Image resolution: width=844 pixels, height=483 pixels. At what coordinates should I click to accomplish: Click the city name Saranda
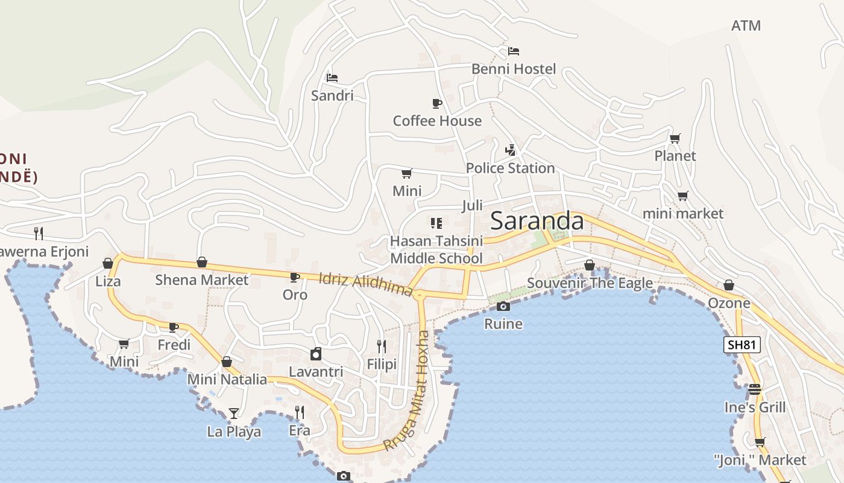click(x=537, y=221)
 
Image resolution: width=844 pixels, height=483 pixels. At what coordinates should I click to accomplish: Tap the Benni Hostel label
click(x=514, y=69)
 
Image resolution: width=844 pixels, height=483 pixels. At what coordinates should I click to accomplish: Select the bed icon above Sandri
click(x=332, y=77)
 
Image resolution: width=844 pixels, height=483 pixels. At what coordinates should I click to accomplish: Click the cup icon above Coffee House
click(x=437, y=103)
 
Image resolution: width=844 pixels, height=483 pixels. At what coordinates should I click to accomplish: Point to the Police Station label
click(x=510, y=168)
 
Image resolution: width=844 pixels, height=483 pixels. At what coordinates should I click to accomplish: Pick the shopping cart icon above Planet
click(x=675, y=138)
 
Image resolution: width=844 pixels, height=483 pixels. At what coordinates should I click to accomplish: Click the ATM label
click(x=746, y=25)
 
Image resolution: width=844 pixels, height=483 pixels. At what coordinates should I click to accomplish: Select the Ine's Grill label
click(x=755, y=407)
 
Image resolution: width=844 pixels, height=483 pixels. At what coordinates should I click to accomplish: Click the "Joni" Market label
click(x=760, y=460)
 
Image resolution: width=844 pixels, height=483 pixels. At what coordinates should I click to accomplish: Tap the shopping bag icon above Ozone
click(x=729, y=285)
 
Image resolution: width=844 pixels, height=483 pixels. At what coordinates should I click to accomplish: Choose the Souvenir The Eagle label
click(x=590, y=283)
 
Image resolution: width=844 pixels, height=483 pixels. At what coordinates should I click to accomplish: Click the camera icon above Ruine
click(x=503, y=306)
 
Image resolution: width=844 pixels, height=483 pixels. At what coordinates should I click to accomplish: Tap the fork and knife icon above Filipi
click(x=382, y=346)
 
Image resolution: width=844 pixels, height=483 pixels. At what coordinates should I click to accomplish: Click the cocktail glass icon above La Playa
click(x=234, y=414)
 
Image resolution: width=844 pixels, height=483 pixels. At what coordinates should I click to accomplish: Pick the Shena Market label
click(x=201, y=280)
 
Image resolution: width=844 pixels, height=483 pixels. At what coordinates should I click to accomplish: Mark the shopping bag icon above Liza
click(x=108, y=263)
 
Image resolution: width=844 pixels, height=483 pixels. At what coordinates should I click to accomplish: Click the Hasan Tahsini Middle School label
click(x=436, y=249)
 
